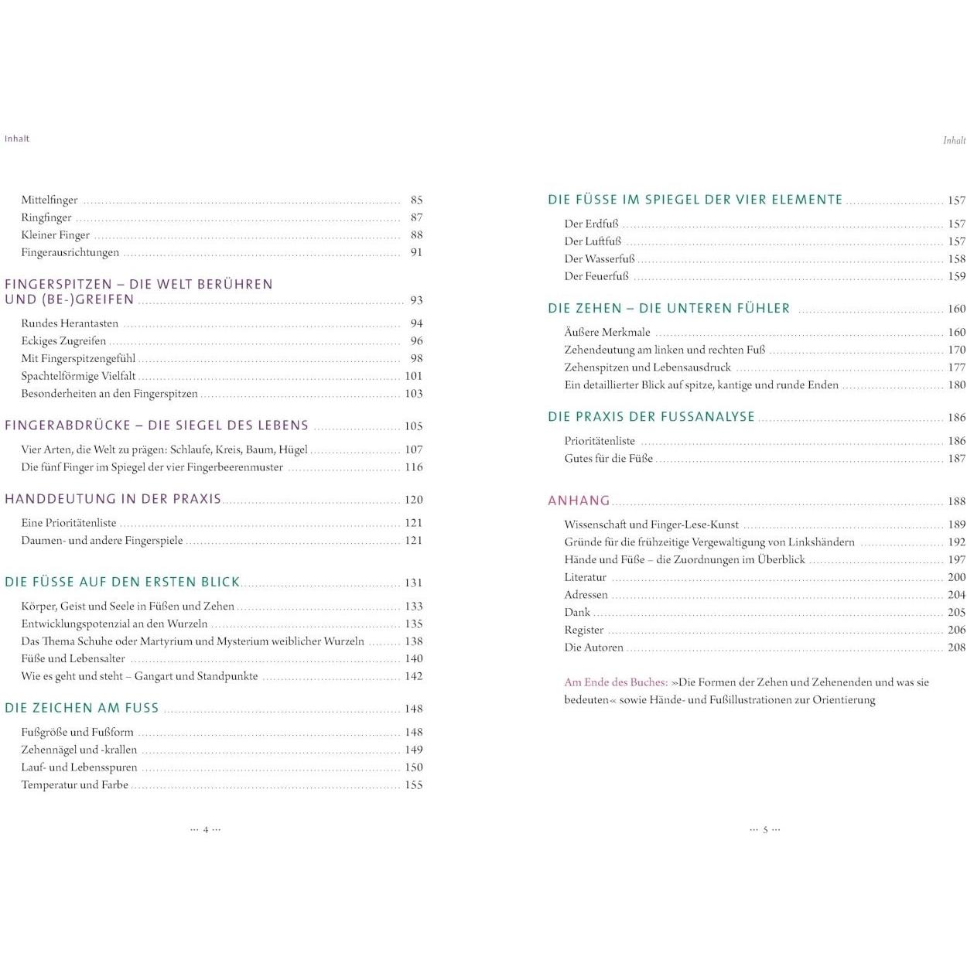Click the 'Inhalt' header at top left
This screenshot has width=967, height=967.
17,138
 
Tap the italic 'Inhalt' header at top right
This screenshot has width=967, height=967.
954,141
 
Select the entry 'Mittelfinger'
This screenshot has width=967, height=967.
50,200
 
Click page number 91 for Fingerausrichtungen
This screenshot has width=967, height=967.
416,252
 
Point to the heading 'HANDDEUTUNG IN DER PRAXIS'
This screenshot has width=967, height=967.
113,499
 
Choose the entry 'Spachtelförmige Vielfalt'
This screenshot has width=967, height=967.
78,376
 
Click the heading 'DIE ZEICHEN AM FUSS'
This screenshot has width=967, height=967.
82,708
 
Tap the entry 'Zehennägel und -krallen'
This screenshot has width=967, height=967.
79,750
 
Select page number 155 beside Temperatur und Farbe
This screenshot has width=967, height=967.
414,785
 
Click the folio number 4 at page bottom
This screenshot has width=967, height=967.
206,830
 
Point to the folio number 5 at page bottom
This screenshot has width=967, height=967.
765,830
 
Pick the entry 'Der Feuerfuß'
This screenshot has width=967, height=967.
596,276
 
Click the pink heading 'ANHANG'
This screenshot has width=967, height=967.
579,501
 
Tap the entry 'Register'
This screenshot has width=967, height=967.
584,630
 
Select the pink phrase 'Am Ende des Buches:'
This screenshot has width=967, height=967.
616,682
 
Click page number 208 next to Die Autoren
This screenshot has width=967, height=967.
956,648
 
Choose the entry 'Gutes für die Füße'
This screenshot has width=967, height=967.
609,459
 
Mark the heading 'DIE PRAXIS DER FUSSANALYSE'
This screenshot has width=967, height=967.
651,417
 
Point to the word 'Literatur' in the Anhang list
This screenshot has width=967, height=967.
586,577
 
